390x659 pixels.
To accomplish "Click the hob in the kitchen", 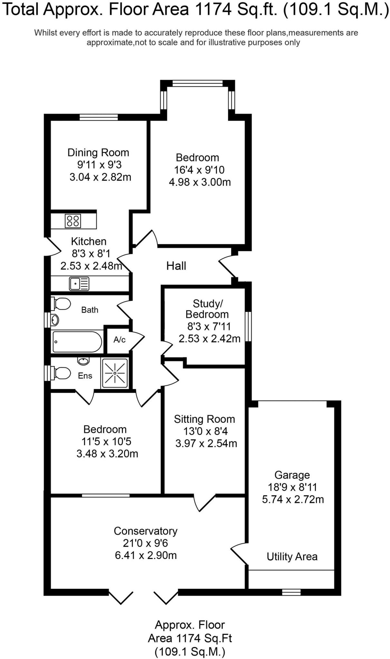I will click(x=73, y=221).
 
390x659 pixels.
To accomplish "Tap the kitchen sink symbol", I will click(x=79, y=284).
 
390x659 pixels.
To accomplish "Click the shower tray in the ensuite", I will click(x=115, y=373).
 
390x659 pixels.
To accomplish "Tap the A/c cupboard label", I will click(x=119, y=340).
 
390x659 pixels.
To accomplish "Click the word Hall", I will click(x=176, y=266).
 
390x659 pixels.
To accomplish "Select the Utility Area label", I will click(x=292, y=557).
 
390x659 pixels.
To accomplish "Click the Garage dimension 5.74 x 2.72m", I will click(x=293, y=499).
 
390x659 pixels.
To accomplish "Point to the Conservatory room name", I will click(x=146, y=531).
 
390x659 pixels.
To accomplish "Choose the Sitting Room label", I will click(x=205, y=419).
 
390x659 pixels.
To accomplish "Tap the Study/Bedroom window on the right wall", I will click(x=248, y=326).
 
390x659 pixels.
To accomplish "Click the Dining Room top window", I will click(x=99, y=117).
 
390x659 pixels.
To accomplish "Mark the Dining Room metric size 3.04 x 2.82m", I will click(x=100, y=177).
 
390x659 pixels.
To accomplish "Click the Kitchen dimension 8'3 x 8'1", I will click(x=91, y=254).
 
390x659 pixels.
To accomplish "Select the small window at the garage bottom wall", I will click(x=291, y=592).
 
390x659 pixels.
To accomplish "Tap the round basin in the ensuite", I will click(x=83, y=361).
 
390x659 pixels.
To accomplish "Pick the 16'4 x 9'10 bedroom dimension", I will click(x=199, y=170).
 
